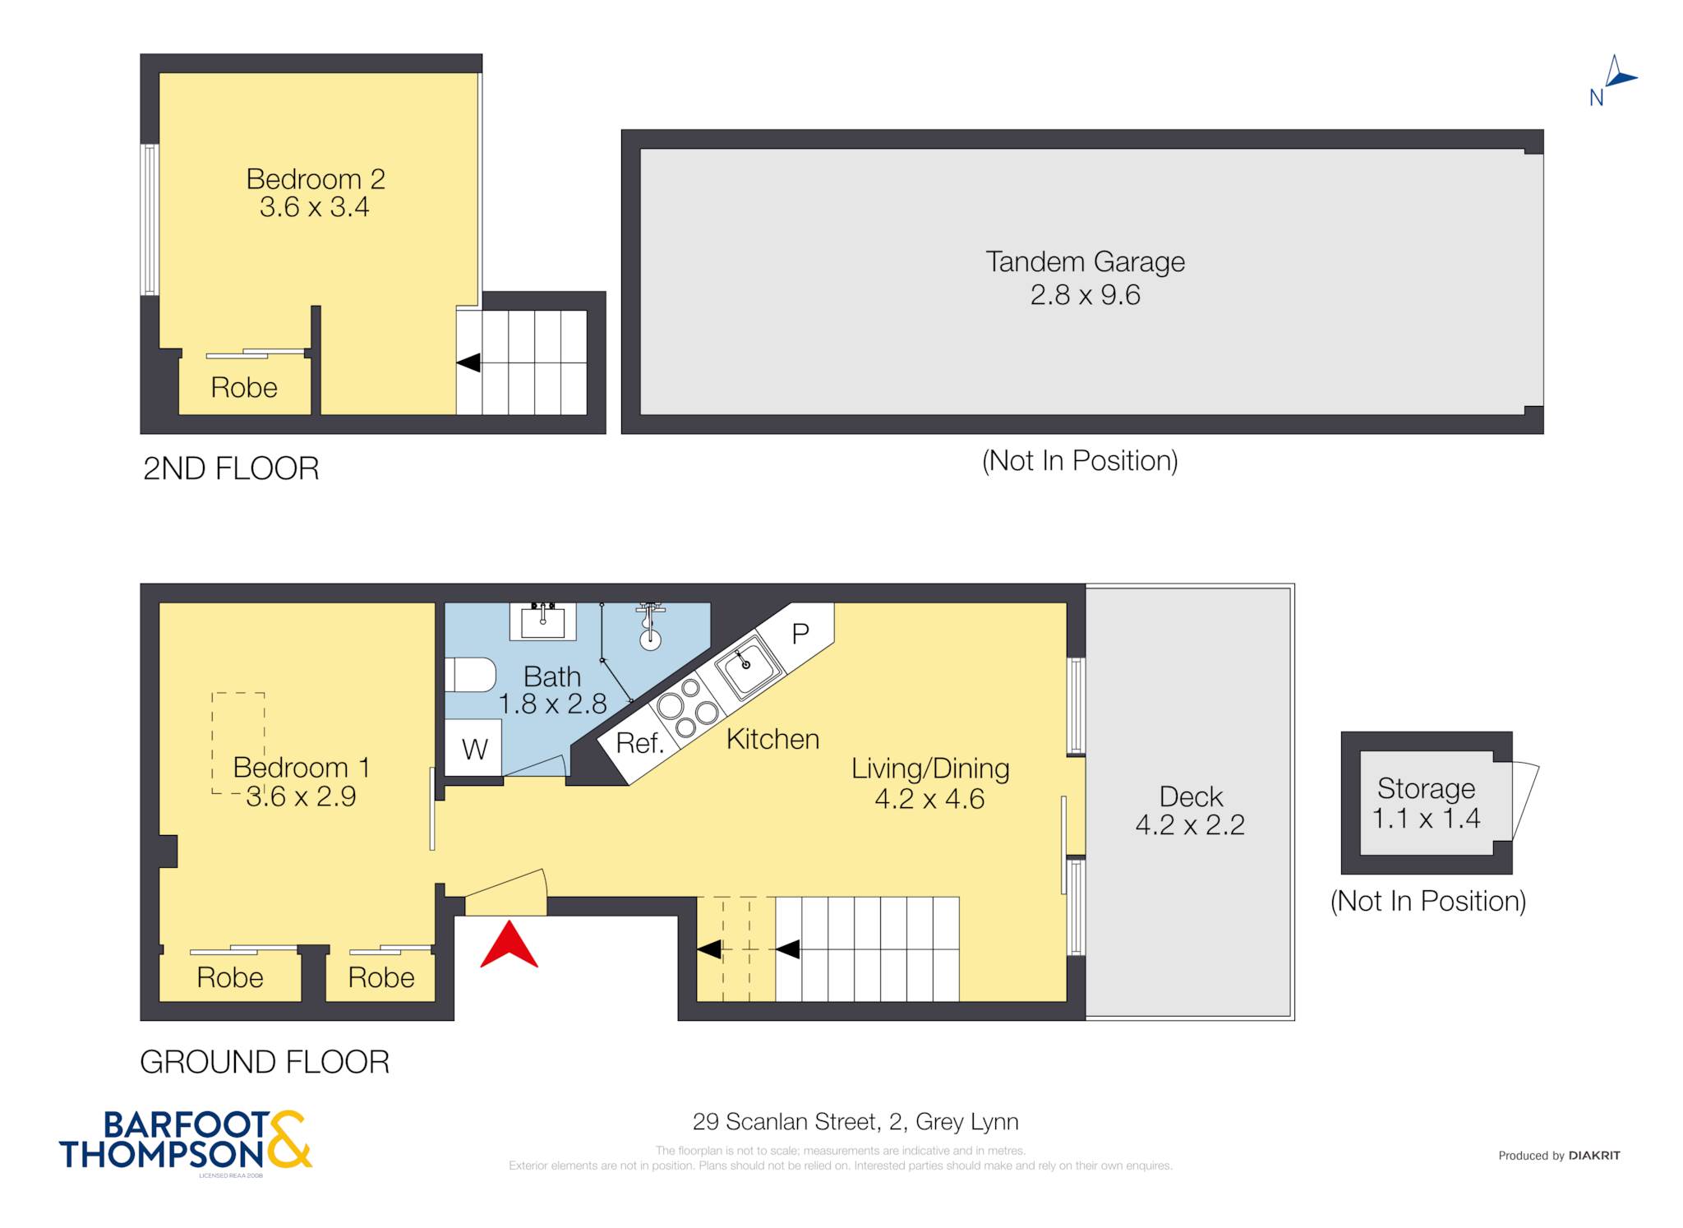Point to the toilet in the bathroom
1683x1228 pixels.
(470, 674)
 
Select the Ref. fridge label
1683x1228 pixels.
(639, 743)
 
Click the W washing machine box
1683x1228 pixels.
(473, 747)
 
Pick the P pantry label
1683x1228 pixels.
(800, 633)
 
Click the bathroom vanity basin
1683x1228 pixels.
(542, 621)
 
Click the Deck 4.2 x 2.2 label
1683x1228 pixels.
(1190, 810)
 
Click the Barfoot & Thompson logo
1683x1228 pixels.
(186, 1141)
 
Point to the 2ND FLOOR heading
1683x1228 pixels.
(231, 469)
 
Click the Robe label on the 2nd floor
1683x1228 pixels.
(244, 387)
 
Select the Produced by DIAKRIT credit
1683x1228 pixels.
(1559, 1155)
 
